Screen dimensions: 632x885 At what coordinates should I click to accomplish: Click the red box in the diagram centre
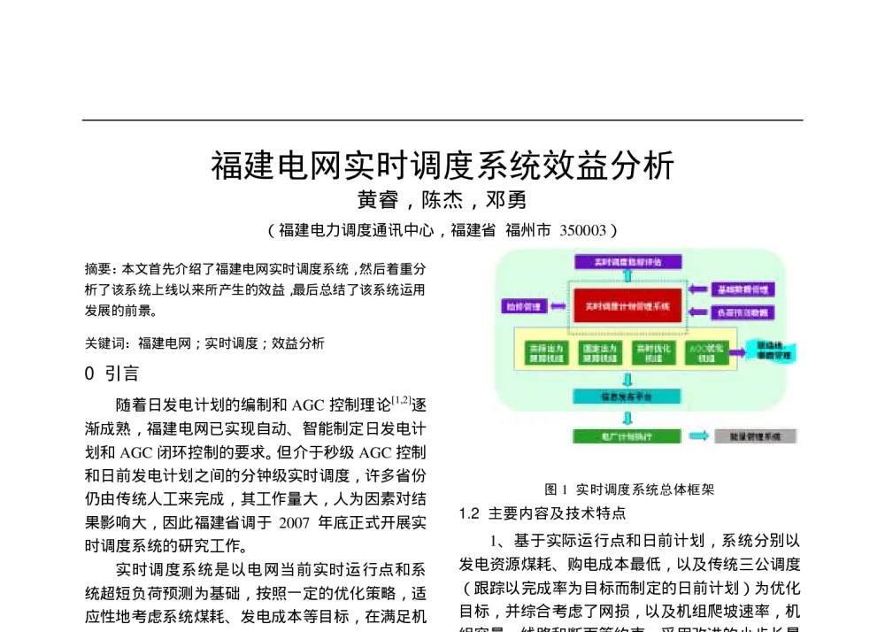(x=627, y=305)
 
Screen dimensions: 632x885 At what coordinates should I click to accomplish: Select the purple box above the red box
(x=627, y=262)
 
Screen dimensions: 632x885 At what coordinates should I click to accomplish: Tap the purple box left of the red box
(x=524, y=306)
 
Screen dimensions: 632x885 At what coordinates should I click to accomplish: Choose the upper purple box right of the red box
(x=743, y=289)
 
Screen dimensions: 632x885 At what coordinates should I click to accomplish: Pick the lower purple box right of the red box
(x=743, y=312)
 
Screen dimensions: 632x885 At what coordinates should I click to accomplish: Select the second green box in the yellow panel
(x=600, y=353)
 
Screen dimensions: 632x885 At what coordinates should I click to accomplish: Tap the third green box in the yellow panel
(x=653, y=353)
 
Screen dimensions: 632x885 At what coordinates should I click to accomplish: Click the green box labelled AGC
(x=706, y=353)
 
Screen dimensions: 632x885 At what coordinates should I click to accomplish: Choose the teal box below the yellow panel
(x=627, y=397)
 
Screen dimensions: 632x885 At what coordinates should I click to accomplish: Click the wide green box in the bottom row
(x=627, y=436)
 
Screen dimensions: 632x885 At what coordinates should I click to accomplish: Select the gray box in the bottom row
(x=755, y=436)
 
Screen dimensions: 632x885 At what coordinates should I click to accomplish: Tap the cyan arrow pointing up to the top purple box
(x=627, y=275)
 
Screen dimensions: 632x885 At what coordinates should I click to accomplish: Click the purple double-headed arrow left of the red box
(x=558, y=306)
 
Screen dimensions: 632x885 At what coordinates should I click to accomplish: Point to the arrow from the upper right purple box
(x=698, y=289)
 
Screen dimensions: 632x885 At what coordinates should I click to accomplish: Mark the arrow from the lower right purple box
(x=698, y=312)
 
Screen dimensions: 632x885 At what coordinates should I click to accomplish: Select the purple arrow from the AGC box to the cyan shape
(x=736, y=352)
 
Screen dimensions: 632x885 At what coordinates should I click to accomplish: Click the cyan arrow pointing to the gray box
(x=698, y=435)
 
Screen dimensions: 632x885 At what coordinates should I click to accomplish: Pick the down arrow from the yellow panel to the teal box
(x=627, y=380)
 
